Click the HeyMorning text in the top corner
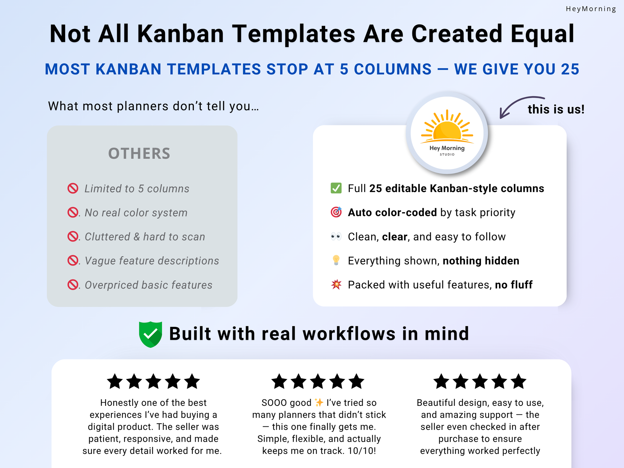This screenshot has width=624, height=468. [591, 9]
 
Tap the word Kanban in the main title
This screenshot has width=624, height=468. [181, 34]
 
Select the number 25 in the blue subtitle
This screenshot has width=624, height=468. [570, 69]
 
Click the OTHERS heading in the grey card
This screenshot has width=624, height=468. [139, 154]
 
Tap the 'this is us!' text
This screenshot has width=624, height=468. [556, 109]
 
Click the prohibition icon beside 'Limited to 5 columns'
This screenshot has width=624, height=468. [73, 188]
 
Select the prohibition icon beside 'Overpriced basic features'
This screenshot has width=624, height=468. [73, 285]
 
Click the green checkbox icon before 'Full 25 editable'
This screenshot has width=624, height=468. [336, 188]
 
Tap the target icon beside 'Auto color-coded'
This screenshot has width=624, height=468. [336, 212]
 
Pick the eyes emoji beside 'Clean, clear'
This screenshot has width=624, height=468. [336, 237]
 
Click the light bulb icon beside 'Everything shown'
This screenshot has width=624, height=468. [336, 260]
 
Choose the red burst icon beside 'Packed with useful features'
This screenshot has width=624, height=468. [336, 284]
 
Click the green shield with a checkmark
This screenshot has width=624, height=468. [150, 334]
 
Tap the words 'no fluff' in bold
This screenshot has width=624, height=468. [514, 285]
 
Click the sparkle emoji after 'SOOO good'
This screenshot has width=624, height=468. [319, 402]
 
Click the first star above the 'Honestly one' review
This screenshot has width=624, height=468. [115, 381]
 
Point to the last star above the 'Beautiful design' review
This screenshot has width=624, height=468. [519, 381]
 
